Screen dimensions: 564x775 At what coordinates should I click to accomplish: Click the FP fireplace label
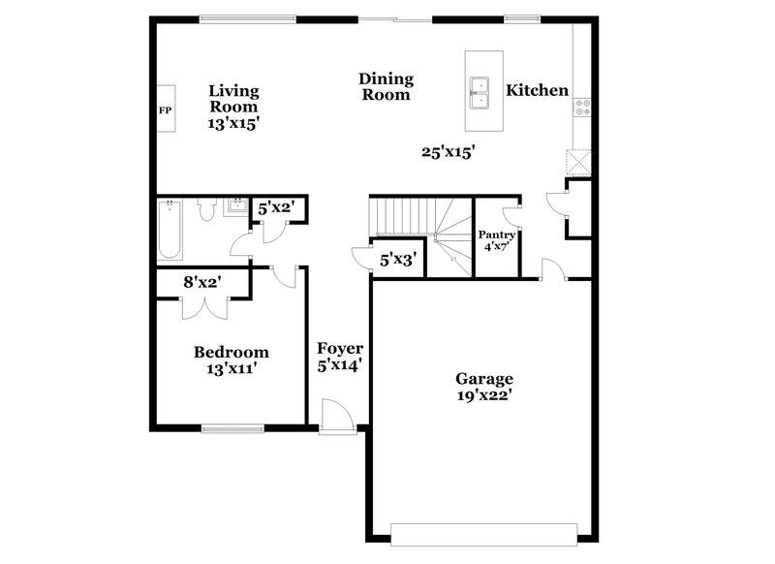pos(165,110)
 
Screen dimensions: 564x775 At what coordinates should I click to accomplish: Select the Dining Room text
pos(386,86)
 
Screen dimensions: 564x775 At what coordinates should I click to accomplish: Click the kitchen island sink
pos(479,91)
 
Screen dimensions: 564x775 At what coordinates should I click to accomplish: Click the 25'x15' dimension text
pos(447,151)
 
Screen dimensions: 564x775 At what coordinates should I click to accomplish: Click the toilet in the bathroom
pos(204,210)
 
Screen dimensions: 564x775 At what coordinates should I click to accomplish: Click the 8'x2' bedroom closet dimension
pos(203,282)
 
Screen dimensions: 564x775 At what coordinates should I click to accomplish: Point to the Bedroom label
pos(231,352)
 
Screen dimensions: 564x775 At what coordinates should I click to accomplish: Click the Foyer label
pos(340,349)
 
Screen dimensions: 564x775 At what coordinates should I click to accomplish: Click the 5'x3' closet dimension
pos(397,260)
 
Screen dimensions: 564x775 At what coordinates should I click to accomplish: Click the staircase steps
pos(401,215)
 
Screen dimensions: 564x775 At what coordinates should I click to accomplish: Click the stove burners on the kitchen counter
pos(582,109)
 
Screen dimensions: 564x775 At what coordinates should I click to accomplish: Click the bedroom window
pos(232,427)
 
